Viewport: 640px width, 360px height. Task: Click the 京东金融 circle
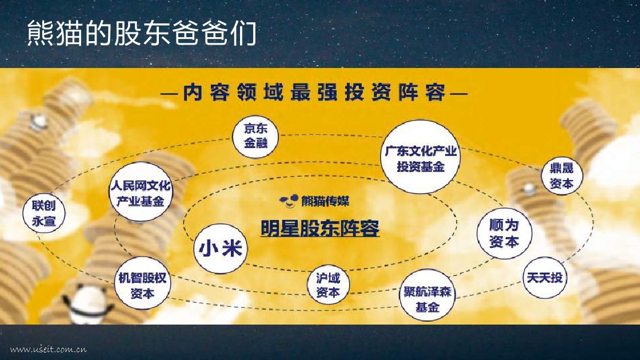255,137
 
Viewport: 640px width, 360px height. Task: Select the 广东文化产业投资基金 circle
421,157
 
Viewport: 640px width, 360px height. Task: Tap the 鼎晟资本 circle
562,175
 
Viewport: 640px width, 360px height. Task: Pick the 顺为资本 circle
505,233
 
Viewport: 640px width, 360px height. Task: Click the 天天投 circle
545,278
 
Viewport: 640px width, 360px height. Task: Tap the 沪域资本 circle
328,285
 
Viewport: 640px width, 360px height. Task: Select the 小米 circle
221,248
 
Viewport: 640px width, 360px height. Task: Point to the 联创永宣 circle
43,213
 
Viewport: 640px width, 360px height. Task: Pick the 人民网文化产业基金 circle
141,192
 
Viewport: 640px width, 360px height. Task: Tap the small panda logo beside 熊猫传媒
289,201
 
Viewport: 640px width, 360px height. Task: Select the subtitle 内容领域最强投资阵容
314,93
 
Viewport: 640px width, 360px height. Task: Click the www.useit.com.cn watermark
48,349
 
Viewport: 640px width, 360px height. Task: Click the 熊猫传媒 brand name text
325,201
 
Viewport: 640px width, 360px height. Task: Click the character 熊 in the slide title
39,33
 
